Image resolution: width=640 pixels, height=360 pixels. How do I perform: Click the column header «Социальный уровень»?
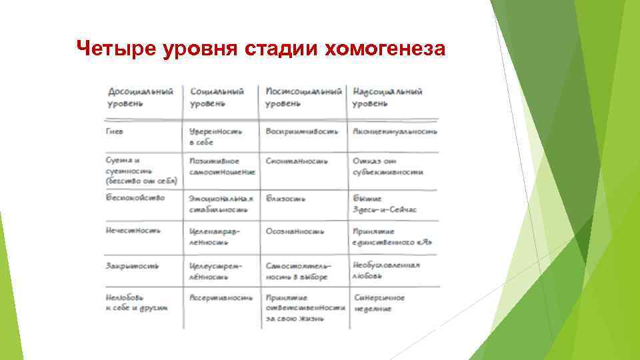click(217, 97)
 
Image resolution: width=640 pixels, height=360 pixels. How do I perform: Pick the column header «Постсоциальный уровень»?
click(303, 97)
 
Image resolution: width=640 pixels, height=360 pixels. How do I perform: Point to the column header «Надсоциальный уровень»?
click(387, 97)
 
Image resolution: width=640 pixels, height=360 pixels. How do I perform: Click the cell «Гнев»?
click(115, 131)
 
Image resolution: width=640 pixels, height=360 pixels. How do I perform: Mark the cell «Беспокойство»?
click(135, 197)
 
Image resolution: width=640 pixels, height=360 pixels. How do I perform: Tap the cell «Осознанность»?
click(295, 231)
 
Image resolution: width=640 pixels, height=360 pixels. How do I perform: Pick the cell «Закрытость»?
click(132, 265)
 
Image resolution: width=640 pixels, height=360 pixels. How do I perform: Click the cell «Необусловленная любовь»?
click(386, 270)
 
